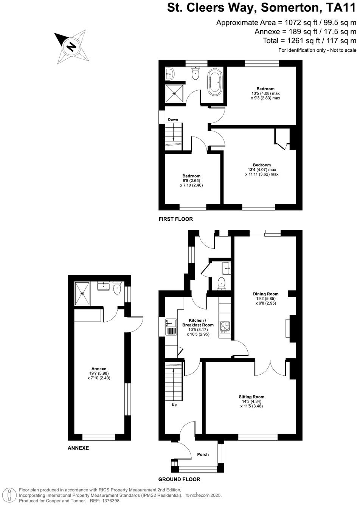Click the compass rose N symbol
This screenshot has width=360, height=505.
click(x=71, y=47)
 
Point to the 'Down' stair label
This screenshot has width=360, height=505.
click(x=173, y=119)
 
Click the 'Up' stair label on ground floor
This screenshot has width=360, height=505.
click(x=174, y=404)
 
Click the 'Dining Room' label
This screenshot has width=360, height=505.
click(x=265, y=294)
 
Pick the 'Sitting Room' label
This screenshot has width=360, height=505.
click(x=251, y=397)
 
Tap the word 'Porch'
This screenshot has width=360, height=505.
click(x=203, y=454)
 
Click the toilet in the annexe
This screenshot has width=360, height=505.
click(x=117, y=289)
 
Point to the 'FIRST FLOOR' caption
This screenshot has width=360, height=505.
click(x=176, y=219)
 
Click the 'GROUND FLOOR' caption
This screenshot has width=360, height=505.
click(x=179, y=479)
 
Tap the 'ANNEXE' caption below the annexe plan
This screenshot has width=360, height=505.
click(x=78, y=448)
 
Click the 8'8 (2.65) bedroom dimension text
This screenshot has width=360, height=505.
click(x=191, y=181)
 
